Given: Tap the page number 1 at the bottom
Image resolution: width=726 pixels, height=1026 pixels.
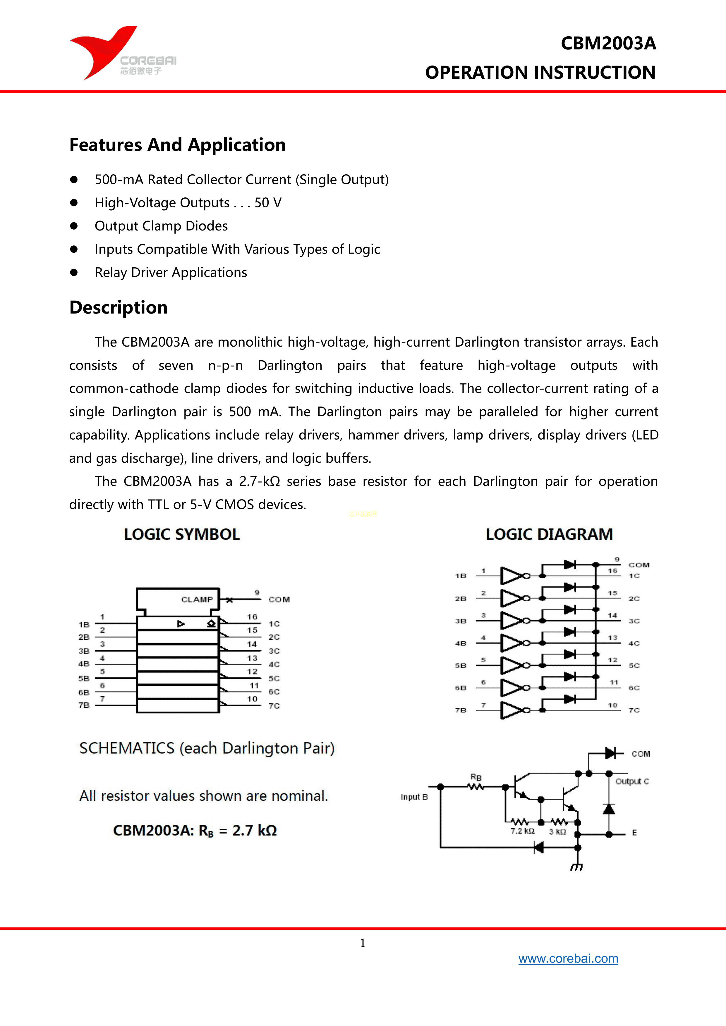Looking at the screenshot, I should pyautogui.click(x=363, y=943).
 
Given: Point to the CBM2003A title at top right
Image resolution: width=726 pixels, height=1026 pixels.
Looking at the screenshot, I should pyautogui.click(x=608, y=43).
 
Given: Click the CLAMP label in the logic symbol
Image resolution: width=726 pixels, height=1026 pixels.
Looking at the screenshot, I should pyautogui.click(x=197, y=599).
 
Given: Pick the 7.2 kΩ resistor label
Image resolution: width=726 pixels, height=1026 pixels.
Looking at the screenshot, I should pyautogui.click(x=523, y=831).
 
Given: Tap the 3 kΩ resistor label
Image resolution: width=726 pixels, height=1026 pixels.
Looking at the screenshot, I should pyautogui.click(x=557, y=832).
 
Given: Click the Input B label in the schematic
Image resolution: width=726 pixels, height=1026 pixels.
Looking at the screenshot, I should pyautogui.click(x=414, y=797).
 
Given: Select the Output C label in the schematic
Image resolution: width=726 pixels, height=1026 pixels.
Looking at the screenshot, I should pyautogui.click(x=632, y=781).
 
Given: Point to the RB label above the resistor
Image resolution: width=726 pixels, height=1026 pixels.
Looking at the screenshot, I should pyautogui.click(x=476, y=777).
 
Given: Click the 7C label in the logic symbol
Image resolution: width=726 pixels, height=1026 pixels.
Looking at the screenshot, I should pyautogui.click(x=274, y=706).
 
